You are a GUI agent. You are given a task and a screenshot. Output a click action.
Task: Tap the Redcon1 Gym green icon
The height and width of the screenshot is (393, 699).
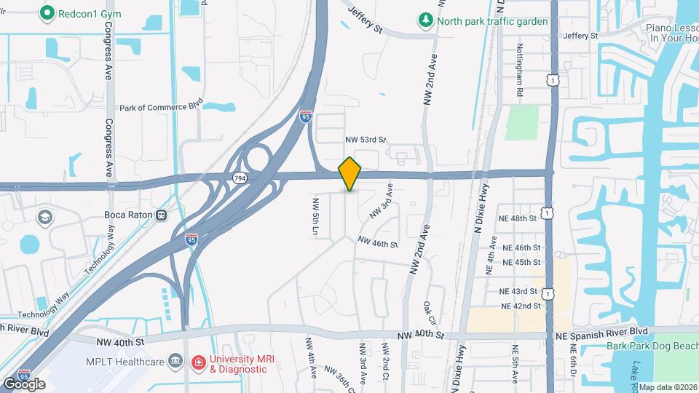click(x=49, y=12)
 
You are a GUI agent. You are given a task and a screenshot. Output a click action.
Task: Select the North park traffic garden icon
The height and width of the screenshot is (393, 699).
click(x=426, y=20)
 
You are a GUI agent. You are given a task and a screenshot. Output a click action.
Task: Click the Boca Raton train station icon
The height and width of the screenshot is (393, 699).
click(x=160, y=215)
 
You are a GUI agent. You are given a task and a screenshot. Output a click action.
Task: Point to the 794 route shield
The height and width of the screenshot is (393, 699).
click(x=239, y=178)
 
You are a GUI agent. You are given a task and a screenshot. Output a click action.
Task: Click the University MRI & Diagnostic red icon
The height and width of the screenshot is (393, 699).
click(x=197, y=362)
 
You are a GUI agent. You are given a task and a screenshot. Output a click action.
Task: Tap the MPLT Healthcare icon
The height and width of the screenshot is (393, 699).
click(x=175, y=360)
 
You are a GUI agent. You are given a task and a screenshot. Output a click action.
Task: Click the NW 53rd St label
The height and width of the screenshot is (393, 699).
click(x=365, y=139)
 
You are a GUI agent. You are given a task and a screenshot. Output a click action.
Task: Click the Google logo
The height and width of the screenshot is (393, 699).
click(x=24, y=384)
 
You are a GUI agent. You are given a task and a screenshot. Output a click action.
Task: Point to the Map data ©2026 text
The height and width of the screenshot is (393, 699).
click(x=668, y=387)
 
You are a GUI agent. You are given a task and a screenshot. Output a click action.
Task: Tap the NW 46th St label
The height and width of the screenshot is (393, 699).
click(x=377, y=243)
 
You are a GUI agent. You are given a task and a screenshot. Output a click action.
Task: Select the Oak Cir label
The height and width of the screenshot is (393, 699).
click(x=430, y=313)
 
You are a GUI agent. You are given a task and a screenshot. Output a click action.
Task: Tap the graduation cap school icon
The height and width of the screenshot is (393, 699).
click(x=44, y=218)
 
